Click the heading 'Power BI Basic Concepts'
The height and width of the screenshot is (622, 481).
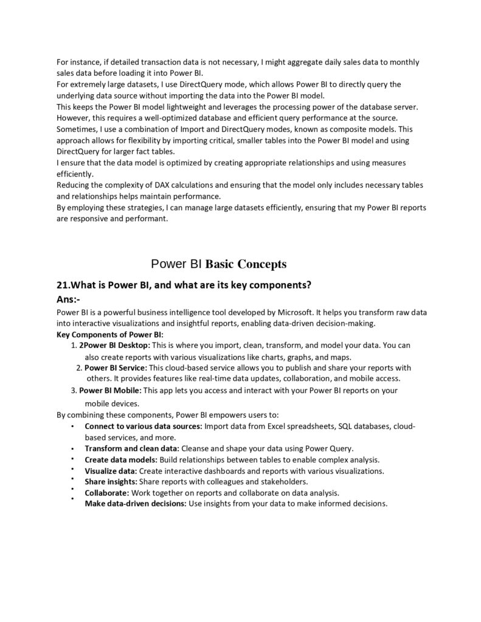pyautogui.click(x=218, y=264)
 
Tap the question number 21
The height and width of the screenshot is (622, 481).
pyautogui.click(x=63, y=285)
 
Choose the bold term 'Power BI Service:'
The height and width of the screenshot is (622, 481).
pyautogui.click(x=116, y=367)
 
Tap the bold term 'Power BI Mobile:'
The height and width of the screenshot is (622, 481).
pyautogui.click(x=111, y=391)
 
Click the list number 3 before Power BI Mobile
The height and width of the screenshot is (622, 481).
pyautogui.click(x=73, y=391)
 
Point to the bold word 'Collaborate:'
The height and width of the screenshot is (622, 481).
pyautogui.click(x=106, y=493)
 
